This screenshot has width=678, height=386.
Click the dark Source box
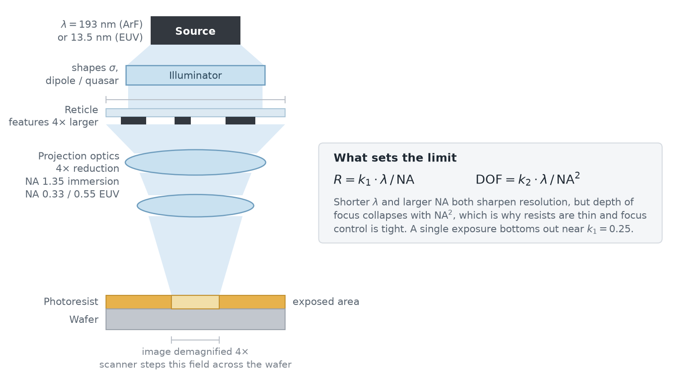click(195, 31)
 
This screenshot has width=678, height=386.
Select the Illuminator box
click(195, 75)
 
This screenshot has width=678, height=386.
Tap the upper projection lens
click(195, 162)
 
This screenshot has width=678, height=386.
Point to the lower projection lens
click(195, 206)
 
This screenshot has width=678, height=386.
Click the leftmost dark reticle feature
click(134, 121)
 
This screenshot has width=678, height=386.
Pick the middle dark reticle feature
click(183, 121)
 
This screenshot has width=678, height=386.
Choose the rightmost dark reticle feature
click(240, 121)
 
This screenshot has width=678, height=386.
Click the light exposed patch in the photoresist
click(195, 302)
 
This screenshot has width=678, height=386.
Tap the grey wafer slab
click(195, 319)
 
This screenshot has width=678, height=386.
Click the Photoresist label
click(71, 302)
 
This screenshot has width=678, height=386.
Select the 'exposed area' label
click(326, 302)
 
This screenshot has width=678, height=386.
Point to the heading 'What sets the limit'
click(395, 158)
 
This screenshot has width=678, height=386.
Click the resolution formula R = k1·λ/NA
click(374, 179)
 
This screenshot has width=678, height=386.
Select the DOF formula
click(528, 179)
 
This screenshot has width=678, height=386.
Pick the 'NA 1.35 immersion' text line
click(72, 182)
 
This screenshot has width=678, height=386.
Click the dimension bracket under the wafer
click(195, 340)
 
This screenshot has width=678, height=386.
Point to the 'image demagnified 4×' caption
click(195, 352)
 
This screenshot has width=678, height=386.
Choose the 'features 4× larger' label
click(54, 122)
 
